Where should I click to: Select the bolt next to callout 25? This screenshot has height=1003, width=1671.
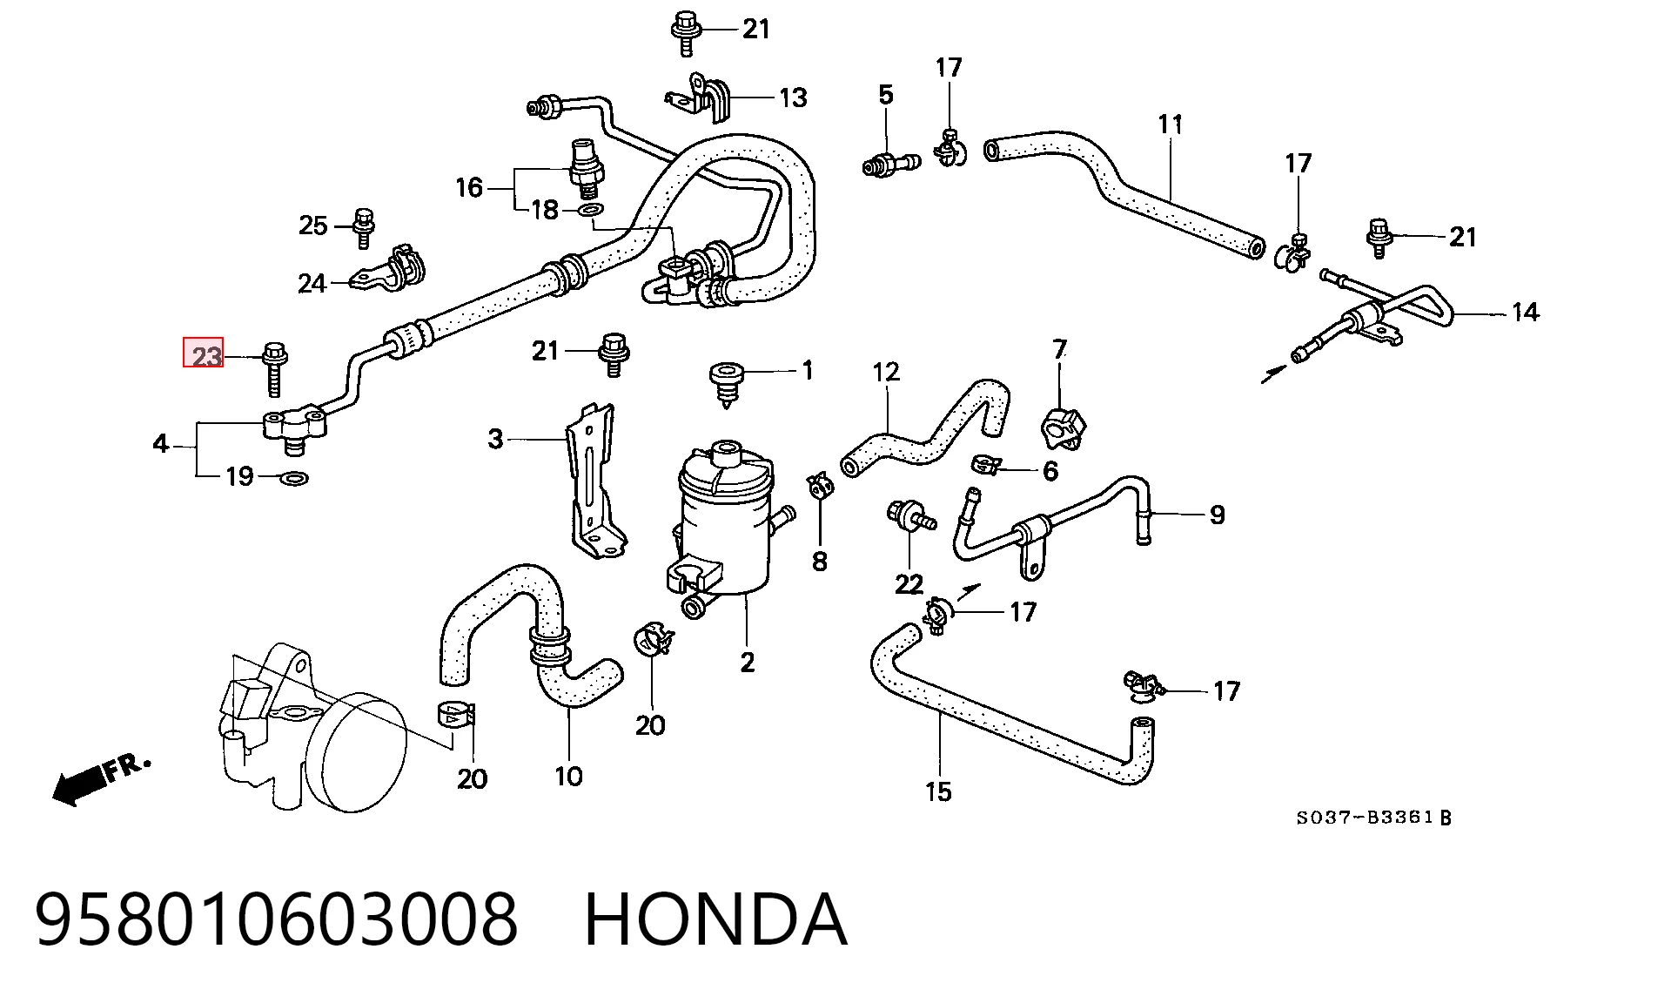pyautogui.click(x=365, y=224)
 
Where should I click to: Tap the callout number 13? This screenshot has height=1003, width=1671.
pyautogui.click(x=793, y=98)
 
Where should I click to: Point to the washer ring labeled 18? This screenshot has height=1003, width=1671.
pyautogui.click(x=591, y=210)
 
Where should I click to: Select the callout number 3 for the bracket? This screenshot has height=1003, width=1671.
pyautogui.click(x=495, y=439)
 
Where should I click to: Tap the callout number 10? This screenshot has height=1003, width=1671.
pyautogui.click(x=568, y=776)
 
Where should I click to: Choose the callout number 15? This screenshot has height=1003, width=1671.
pyautogui.click(x=938, y=791)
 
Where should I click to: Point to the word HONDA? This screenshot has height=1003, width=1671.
pyautogui.click(x=715, y=919)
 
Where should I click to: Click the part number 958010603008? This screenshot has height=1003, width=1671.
pyautogui.click(x=277, y=919)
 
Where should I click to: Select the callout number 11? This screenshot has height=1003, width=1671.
pyautogui.click(x=1171, y=125)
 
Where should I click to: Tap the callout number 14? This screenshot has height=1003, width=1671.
pyautogui.click(x=1525, y=312)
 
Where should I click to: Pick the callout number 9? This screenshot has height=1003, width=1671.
pyautogui.click(x=1217, y=515)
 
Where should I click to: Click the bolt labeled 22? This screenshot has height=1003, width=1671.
pyautogui.click(x=909, y=515)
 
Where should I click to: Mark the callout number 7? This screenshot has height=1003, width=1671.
pyautogui.click(x=1059, y=350)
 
